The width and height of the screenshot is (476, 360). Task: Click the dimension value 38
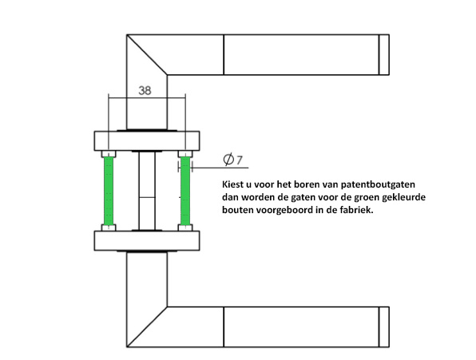click(x=145, y=90)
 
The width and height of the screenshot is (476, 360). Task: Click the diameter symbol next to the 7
click(x=228, y=159)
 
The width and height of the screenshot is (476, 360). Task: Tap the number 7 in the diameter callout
click(x=240, y=160)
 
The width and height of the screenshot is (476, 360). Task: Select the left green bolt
click(x=109, y=191)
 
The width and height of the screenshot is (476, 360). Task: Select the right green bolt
click(x=185, y=191)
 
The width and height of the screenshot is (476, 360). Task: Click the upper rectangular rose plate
click(x=147, y=141)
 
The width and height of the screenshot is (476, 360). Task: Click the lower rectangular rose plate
click(x=147, y=241)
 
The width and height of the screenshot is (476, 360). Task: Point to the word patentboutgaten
click(x=378, y=184)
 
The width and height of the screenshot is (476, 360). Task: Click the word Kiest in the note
click(x=232, y=184)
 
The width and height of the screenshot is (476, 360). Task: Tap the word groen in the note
click(x=365, y=198)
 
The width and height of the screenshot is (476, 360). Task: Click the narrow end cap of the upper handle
click(x=384, y=54)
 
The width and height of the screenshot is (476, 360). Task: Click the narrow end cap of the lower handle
click(x=384, y=327)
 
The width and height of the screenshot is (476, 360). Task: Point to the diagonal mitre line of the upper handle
click(x=147, y=54)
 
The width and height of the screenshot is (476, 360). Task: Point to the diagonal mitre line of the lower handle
click(x=147, y=327)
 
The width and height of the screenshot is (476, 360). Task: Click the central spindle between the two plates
click(x=147, y=191)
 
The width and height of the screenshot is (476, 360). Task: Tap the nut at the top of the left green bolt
click(x=109, y=154)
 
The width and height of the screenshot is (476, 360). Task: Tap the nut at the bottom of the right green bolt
click(x=185, y=227)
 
